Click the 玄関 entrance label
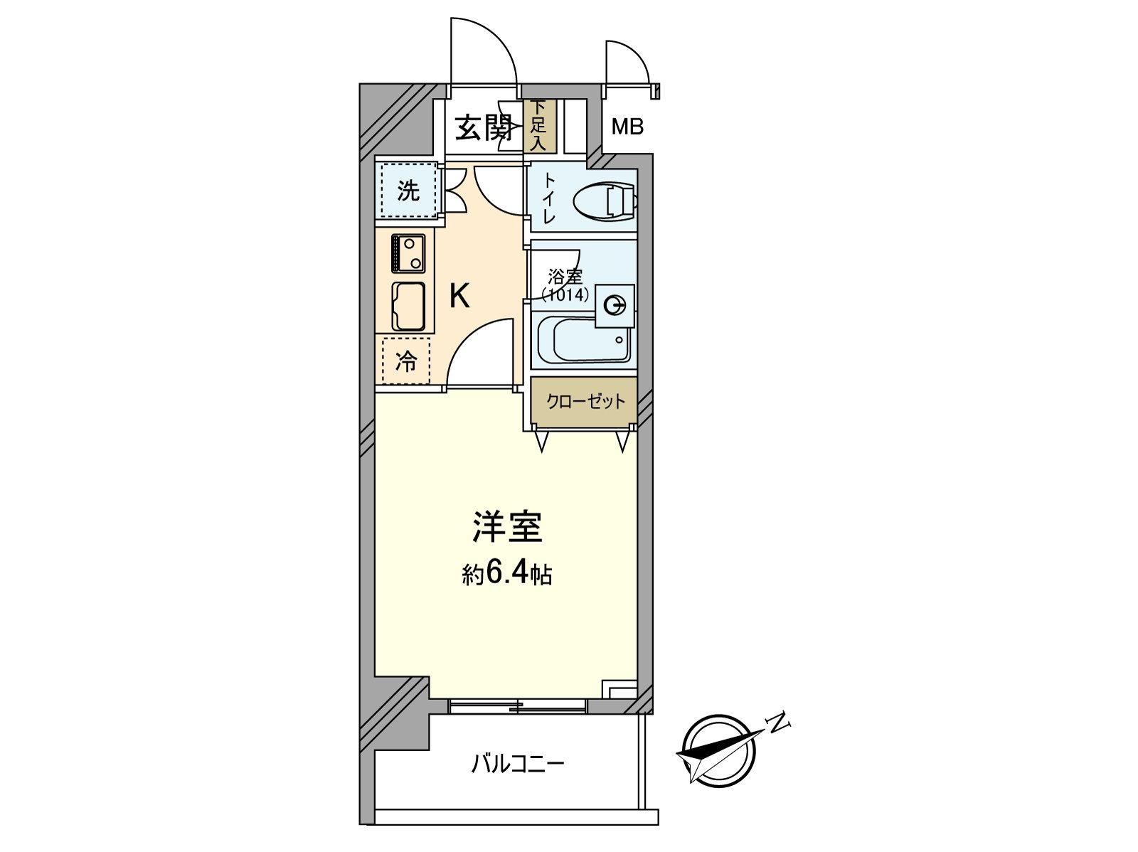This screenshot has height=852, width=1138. click(484, 128)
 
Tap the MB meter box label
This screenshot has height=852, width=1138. click(627, 127)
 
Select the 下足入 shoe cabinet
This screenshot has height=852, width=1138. click(538, 126)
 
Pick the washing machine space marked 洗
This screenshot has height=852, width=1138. click(408, 190)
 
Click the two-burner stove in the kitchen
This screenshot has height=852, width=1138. click(408, 253)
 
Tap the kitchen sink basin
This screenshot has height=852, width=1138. click(408, 307)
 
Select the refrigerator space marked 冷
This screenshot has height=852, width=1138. click(406, 362)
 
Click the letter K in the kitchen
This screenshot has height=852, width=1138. click(459, 296)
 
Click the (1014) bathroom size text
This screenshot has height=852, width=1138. click(565, 294)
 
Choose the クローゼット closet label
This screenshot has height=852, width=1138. click(585, 402)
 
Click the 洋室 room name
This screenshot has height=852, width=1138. click(507, 526)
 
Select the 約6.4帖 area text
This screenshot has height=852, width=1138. click(507, 573)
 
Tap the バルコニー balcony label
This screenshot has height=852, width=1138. click(518, 765)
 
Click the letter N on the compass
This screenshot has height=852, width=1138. click(780, 723)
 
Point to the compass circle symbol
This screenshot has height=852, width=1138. click(718, 751)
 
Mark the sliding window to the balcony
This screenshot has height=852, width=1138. click(518, 706)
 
